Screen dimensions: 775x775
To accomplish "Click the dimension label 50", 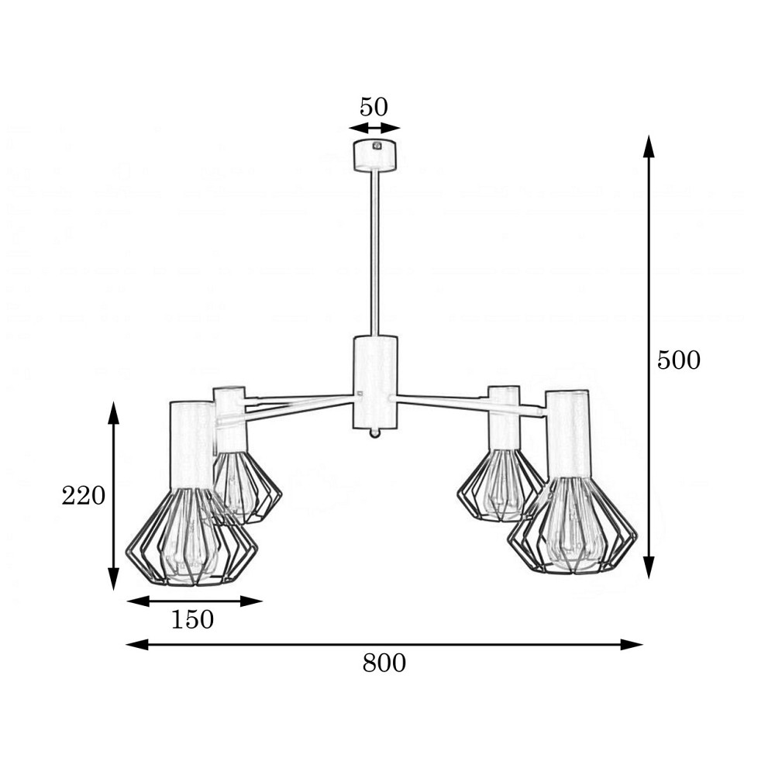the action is (x=374, y=107).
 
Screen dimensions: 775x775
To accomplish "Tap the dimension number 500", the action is (x=679, y=360).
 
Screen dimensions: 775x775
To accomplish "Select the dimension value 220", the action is (x=84, y=495).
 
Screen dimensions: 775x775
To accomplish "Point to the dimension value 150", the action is (x=192, y=619).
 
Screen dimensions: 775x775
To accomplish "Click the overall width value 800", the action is (x=384, y=663).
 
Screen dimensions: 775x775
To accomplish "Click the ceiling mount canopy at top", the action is (x=376, y=156).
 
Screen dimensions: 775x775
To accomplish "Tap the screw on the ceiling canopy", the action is (x=377, y=146).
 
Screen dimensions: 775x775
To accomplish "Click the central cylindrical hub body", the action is (x=375, y=382).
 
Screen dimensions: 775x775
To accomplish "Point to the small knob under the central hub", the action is (x=375, y=433).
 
